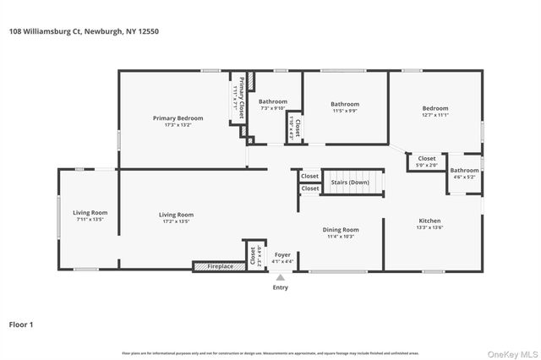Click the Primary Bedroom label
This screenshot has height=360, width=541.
point(178,119)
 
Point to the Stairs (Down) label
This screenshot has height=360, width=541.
point(349,182)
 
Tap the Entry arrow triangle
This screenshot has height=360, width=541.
point(281,276)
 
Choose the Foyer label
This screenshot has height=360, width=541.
point(281,254)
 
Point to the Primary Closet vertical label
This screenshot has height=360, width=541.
point(241,97)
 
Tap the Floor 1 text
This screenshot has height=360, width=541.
point(21,324)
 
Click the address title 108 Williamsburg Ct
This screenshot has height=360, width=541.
point(83,31)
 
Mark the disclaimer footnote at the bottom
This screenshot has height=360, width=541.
point(270,353)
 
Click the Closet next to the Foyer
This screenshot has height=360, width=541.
point(252,254)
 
